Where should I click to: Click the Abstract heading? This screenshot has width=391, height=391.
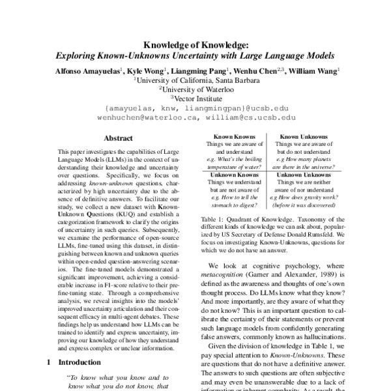click(x=118, y=138)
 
